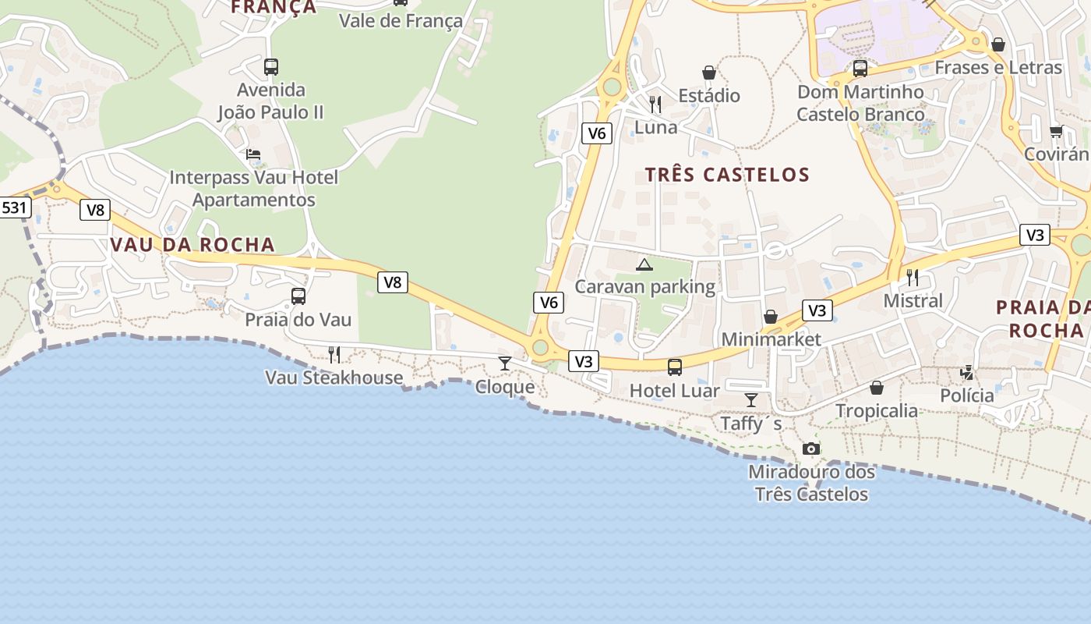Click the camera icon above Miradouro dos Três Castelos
pos(811,448)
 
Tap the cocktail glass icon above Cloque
pos(505,363)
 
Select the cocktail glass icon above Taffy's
pos(750,400)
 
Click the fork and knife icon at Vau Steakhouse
pos(334,355)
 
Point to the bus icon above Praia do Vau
pos(298,296)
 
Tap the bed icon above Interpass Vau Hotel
pos(253,154)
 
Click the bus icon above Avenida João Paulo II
pos(270,67)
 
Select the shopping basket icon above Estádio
pos(709,73)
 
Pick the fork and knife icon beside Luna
pos(655,104)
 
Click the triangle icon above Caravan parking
pos(644,264)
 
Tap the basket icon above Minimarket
pos(771,317)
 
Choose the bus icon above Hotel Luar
pos(675,367)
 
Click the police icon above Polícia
pos(967,373)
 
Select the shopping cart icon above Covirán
pos(1056,131)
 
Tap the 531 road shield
pos(15,208)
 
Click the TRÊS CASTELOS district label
pos(727,175)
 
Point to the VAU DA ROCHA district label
pos(192,244)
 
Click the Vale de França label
pos(401,21)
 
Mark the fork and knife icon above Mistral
pos(913,277)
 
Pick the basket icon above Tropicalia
pos(877,388)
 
